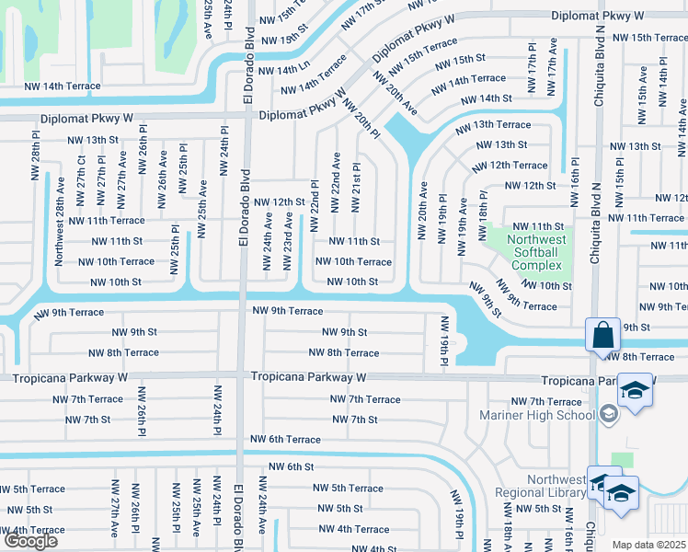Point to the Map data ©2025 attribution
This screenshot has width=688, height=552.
point(649,545)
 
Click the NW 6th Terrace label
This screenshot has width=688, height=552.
point(281,440)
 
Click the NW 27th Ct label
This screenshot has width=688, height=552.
point(82,172)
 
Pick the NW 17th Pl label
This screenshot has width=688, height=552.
point(532,60)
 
